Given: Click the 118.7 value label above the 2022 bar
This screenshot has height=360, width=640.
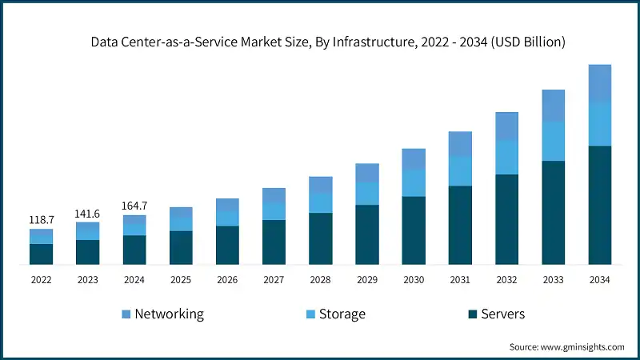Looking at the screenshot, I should pyautogui.click(x=41, y=219).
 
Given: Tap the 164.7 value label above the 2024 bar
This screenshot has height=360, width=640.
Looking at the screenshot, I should pyautogui.click(x=134, y=206).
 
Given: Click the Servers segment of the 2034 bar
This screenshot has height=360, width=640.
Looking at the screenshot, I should pyautogui.click(x=600, y=205).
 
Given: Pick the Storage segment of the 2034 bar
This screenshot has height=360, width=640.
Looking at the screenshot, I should pyautogui.click(x=600, y=124).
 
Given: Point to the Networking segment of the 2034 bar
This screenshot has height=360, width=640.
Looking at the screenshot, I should pyautogui.click(x=600, y=83).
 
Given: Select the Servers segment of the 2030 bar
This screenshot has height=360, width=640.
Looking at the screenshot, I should pyautogui.click(x=414, y=230).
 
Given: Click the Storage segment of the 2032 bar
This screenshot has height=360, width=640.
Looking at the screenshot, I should pyautogui.click(x=506, y=158).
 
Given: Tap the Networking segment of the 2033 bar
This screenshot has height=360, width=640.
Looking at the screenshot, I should pyautogui.click(x=553, y=106).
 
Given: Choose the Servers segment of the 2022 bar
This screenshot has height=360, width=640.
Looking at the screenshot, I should pyautogui.click(x=41, y=254).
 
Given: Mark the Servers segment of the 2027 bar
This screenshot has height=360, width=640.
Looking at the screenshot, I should pyautogui.click(x=274, y=242).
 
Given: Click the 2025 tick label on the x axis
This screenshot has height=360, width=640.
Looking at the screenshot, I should pyautogui.click(x=181, y=279).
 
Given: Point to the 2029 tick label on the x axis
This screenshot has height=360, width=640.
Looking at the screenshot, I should pyautogui.click(x=367, y=279).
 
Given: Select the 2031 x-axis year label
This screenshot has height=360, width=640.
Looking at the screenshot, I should pyautogui.click(x=460, y=279).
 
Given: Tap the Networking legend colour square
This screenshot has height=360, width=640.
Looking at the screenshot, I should pyautogui.click(x=125, y=314).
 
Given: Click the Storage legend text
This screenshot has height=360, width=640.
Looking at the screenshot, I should pyautogui.click(x=342, y=314).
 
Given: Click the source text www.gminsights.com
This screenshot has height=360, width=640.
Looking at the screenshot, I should pyautogui.click(x=583, y=347).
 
